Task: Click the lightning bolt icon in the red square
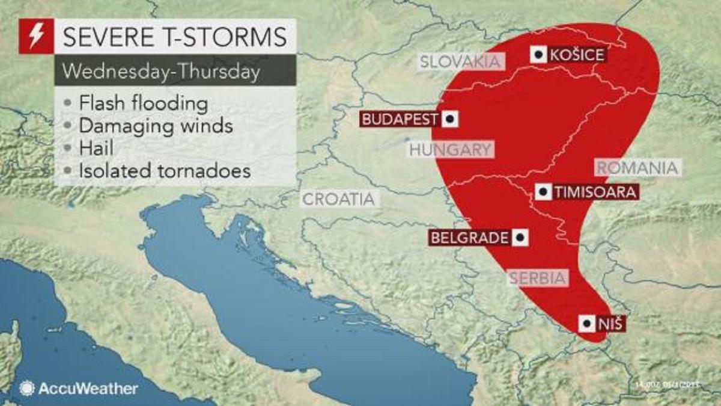[x=36, y=36]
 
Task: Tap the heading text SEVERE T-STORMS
[x=175, y=37]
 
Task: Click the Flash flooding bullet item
[x=143, y=103]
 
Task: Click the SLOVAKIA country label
[x=460, y=61]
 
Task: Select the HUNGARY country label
[x=451, y=150]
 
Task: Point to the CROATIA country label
[x=339, y=199]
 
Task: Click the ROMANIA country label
[x=637, y=168]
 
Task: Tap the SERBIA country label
[x=538, y=278]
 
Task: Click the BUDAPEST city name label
[x=399, y=119]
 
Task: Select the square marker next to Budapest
[x=449, y=119]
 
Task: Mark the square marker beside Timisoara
[x=544, y=192]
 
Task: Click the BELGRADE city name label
[x=470, y=238]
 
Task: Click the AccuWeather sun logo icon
[x=26, y=388]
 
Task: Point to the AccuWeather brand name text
[x=88, y=389]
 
